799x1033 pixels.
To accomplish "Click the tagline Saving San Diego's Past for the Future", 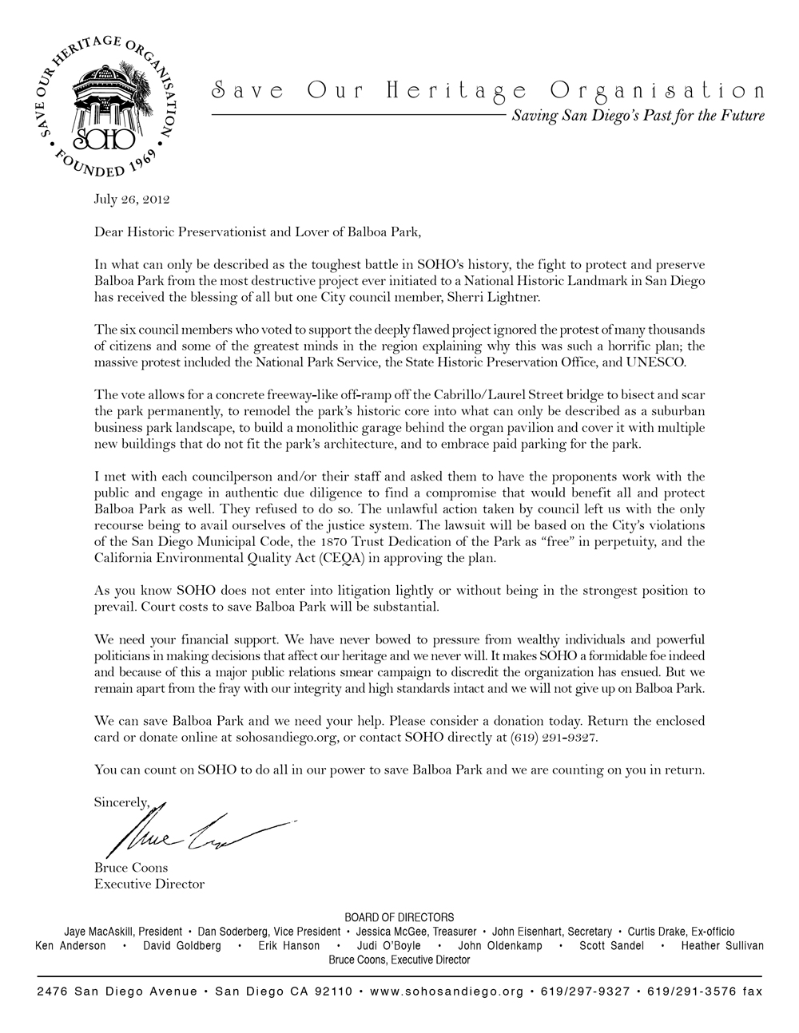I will [638, 116].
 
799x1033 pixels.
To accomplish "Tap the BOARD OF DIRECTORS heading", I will [399, 917].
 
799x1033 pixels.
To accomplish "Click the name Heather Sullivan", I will [721, 946].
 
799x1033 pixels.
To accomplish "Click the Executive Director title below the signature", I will [149, 884].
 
